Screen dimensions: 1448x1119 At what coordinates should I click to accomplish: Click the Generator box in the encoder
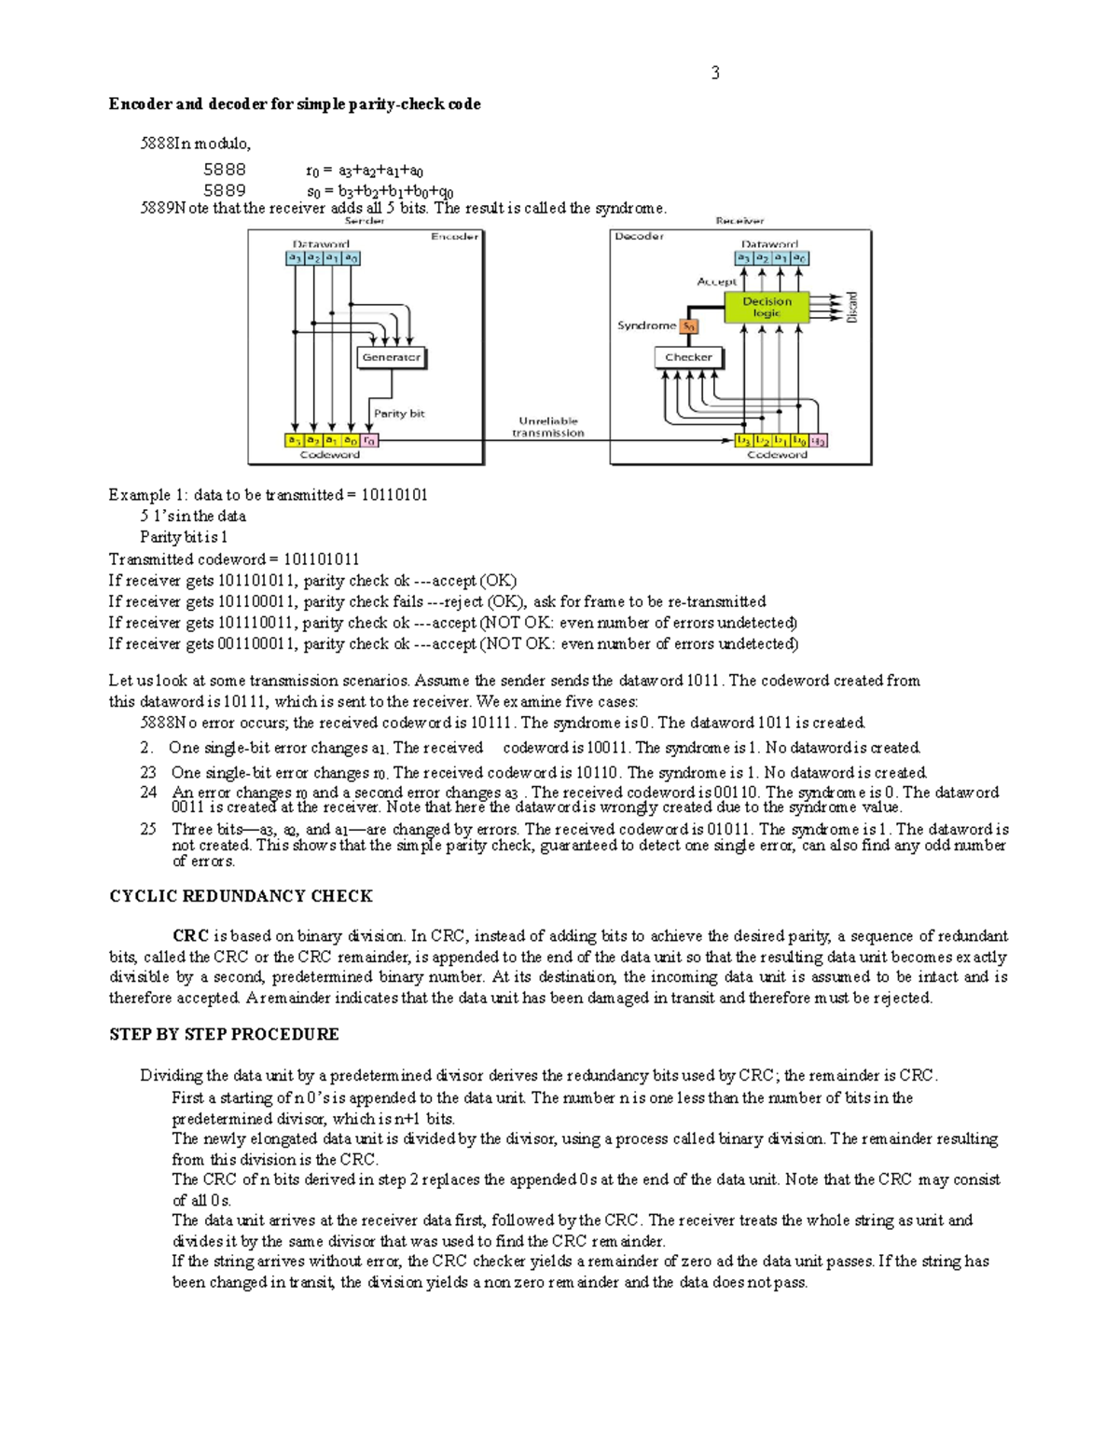pos(391,357)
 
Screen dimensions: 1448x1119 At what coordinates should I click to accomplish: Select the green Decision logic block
pos(766,308)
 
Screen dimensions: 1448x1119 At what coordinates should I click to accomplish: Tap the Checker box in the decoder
pos(688,357)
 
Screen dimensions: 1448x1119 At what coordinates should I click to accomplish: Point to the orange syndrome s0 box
pos(688,326)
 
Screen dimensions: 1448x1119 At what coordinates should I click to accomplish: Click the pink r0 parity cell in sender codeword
pos(369,440)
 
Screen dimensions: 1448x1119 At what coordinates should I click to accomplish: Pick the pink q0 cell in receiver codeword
pos(818,440)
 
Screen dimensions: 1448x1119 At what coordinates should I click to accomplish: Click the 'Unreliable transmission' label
pos(548,427)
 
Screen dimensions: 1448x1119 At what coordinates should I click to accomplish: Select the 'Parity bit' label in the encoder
pos(399,413)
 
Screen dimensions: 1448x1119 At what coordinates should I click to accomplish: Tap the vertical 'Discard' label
pos(851,307)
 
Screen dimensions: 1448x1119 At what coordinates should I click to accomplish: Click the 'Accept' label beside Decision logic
pos(716,281)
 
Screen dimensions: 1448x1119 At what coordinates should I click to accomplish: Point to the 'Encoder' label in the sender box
pos(454,237)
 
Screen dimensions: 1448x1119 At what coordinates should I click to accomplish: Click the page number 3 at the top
pos(715,73)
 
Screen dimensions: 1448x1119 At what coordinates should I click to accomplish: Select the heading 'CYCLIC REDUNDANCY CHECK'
pos(241,896)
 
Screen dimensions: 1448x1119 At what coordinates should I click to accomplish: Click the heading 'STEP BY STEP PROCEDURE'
pos(224,1034)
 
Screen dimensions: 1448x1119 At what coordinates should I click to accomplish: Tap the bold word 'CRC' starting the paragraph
pos(190,936)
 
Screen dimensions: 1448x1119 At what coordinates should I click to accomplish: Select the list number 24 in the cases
pos(148,793)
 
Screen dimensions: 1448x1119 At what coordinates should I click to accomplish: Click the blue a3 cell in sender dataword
pos(295,258)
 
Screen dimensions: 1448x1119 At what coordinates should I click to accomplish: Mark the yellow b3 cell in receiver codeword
pos(744,440)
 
